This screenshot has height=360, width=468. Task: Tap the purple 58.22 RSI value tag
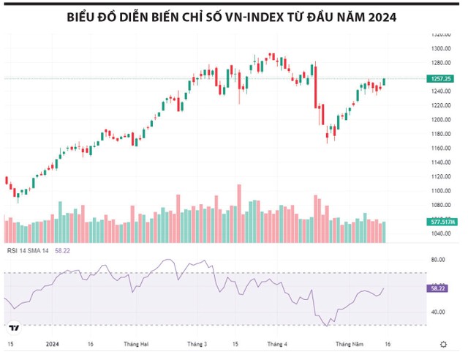[437, 288]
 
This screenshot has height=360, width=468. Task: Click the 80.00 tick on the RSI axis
[438, 260]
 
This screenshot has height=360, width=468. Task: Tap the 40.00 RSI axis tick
[438, 312]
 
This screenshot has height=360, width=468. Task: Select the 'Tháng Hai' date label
[137, 343]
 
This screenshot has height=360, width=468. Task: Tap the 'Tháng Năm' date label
[350, 343]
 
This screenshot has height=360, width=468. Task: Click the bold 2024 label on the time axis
[52, 343]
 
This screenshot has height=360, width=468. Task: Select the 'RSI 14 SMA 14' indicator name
[28, 251]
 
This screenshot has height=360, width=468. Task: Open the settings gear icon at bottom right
[443, 343]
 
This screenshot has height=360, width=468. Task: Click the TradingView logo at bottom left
[15, 327]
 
